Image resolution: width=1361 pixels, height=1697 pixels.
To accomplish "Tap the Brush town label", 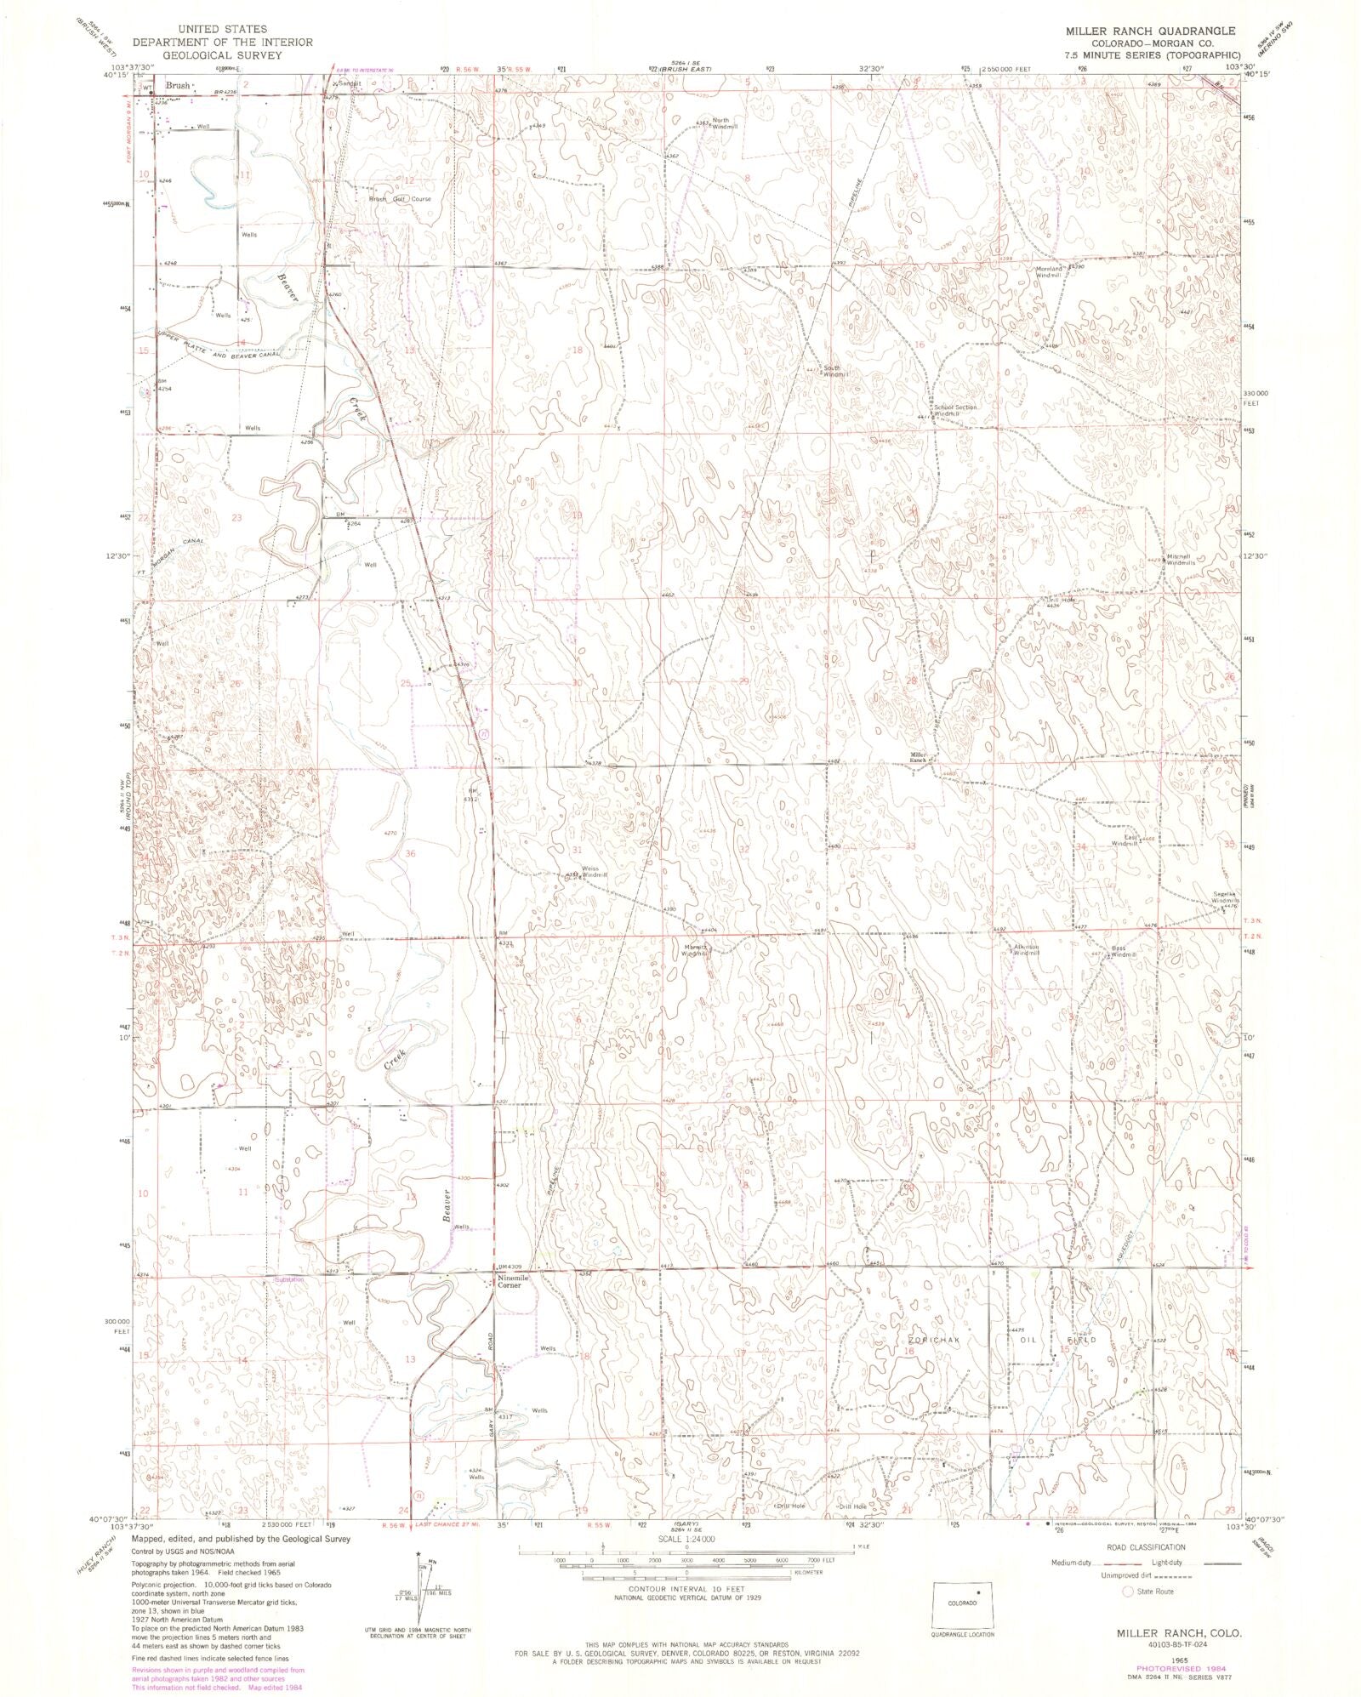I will coord(178,86).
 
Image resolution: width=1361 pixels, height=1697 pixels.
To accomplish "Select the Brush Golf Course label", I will coord(399,199).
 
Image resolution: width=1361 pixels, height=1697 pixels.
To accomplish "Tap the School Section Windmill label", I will coord(955,411).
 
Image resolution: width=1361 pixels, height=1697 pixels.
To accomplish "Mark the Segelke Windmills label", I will coord(1225,897).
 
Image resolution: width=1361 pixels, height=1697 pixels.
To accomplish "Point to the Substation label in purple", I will coord(288,1278).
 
